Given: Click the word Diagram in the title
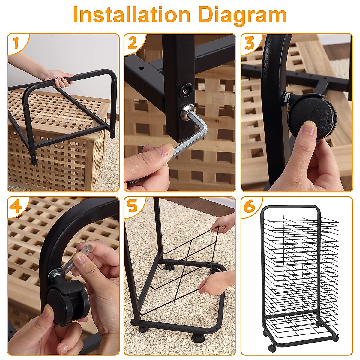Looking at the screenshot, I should (242, 15).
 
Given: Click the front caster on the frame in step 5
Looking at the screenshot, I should (197, 338).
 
